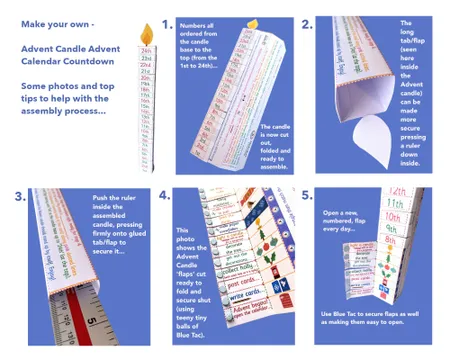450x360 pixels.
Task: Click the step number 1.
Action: pos(167,24)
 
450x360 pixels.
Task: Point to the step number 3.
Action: pos(19,196)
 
